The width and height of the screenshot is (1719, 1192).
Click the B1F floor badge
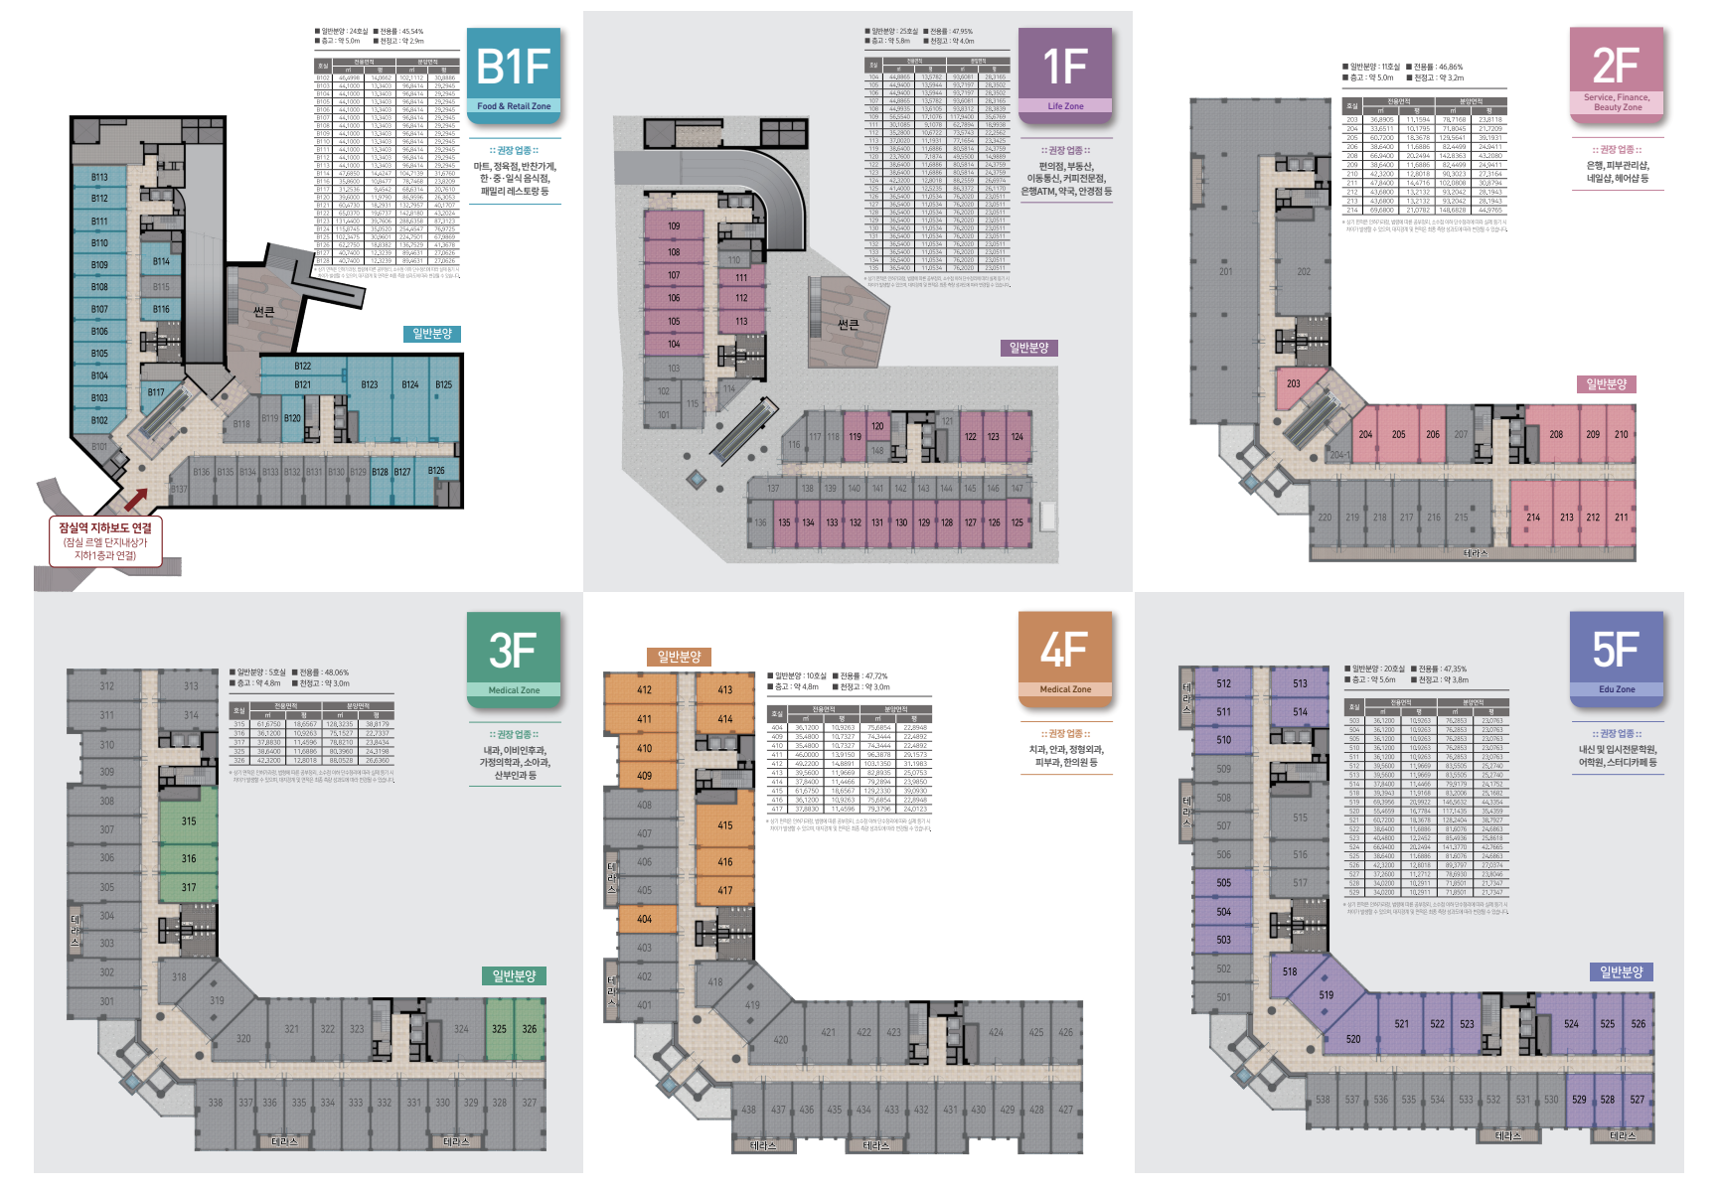pyautogui.click(x=514, y=72)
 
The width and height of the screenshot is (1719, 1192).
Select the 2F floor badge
pyautogui.click(x=1617, y=72)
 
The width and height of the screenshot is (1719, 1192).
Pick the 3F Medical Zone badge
pyautogui.click(x=514, y=656)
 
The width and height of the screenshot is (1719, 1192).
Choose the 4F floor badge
pyautogui.click(x=1065, y=656)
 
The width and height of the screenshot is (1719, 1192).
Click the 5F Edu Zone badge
pyautogui.click(x=1617, y=656)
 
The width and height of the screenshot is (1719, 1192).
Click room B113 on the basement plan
pyautogui.click(x=99, y=177)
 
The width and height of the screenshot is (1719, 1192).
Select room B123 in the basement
pyautogui.click(x=370, y=384)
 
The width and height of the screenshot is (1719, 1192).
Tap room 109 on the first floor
pyautogui.click(x=674, y=226)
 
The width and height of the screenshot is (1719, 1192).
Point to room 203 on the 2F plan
pyautogui.click(x=1294, y=383)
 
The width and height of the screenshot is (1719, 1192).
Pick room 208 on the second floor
pyautogui.click(x=1556, y=434)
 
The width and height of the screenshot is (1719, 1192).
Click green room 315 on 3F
pyautogui.click(x=189, y=821)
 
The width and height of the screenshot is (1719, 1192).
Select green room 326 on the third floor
pyautogui.click(x=530, y=1029)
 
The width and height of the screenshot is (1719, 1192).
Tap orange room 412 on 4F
pyautogui.click(x=644, y=689)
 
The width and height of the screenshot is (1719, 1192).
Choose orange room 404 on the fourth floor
pyautogui.click(x=644, y=919)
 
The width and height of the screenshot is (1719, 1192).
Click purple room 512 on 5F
pyautogui.click(x=1223, y=683)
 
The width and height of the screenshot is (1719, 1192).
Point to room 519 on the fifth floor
pyautogui.click(x=1327, y=994)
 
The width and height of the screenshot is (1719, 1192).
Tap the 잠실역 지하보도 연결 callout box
pyautogui.click(x=105, y=541)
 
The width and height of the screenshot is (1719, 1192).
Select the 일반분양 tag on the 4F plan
pyautogui.click(x=680, y=657)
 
